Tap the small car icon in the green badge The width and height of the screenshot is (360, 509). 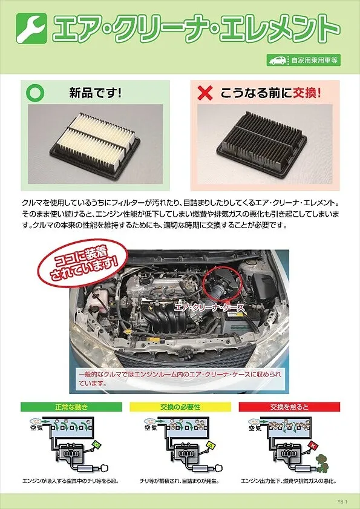click(278, 60)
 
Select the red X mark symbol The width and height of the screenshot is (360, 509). click(206, 93)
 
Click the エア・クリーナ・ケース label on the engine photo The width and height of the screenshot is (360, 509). click(209, 307)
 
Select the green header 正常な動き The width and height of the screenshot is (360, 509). click(71, 407)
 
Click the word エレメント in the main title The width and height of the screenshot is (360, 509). click(278, 28)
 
